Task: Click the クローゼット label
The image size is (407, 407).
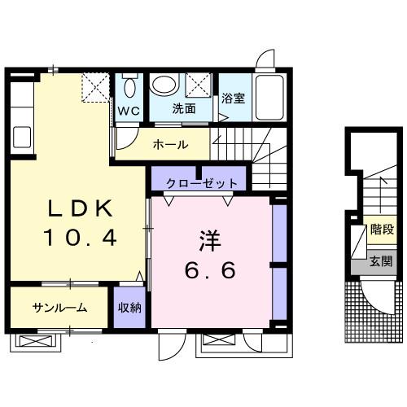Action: pos(194,182)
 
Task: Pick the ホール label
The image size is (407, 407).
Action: pos(170,145)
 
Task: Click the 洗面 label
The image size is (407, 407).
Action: pos(183,107)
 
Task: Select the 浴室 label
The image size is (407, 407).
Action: pos(233,98)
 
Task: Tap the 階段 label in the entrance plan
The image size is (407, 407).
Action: pos(381,231)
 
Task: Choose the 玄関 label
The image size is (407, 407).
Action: pos(381,261)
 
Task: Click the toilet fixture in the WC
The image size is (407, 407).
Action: pos(129,85)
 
